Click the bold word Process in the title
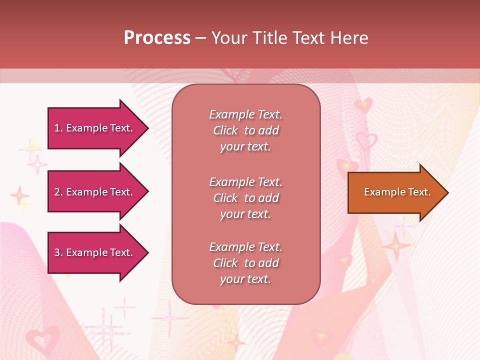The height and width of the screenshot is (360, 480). (157, 38)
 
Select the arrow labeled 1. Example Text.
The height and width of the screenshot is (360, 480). (95, 128)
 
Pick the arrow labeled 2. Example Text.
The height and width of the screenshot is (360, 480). (95, 192)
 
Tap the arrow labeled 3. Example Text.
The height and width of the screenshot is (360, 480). (95, 252)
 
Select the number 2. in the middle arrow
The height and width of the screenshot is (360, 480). (58, 192)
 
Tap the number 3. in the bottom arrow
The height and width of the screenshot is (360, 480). (58, 252)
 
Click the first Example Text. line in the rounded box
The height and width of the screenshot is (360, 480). (245, 114)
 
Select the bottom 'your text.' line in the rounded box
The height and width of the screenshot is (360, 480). (245, 279)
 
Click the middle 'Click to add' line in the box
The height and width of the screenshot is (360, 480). (245, 198)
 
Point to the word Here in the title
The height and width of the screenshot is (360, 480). (350, 38)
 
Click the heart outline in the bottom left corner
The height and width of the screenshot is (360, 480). (42, 340)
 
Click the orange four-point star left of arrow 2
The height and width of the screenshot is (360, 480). (19, 195)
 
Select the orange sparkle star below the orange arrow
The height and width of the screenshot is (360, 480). (396, 245)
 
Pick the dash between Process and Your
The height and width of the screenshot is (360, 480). (201, 38)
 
